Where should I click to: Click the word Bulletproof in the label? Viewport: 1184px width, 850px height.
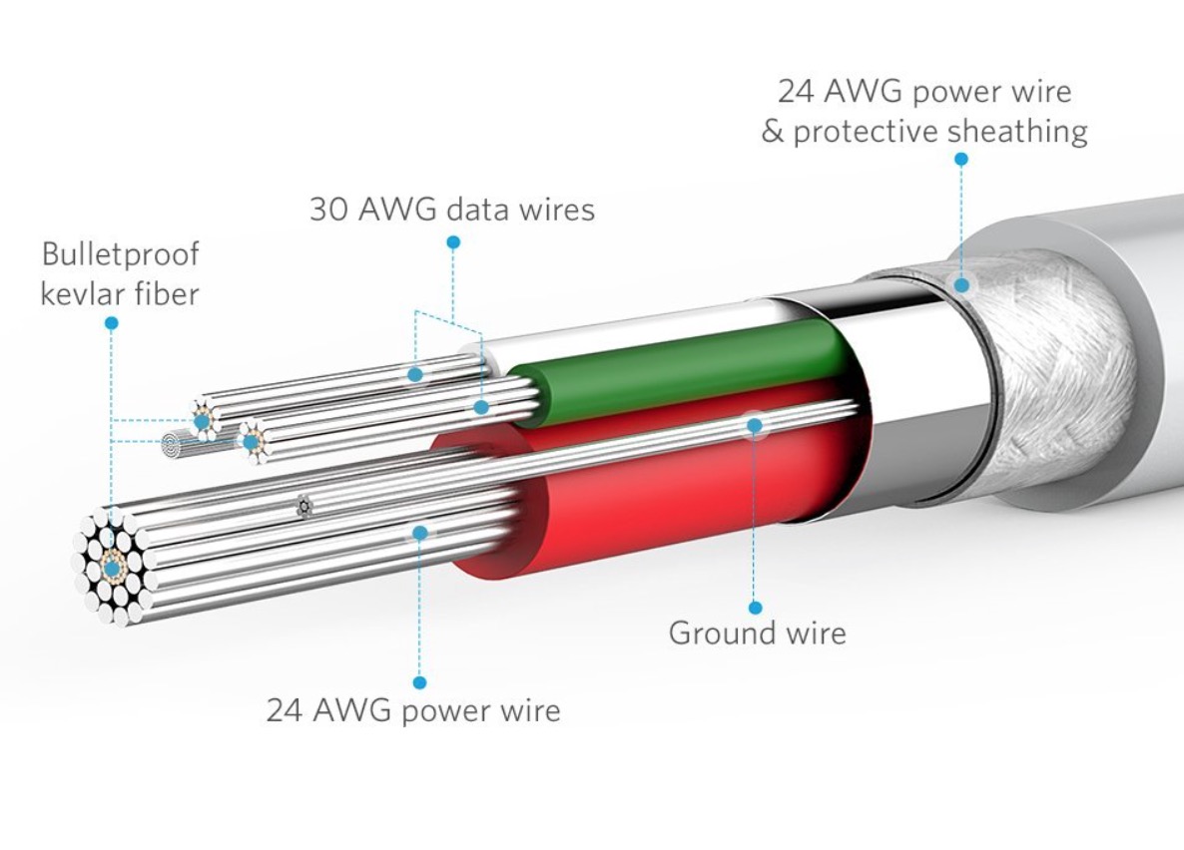120,254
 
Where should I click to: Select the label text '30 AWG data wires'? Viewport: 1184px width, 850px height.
451,210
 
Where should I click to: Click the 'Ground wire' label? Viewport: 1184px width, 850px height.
757,633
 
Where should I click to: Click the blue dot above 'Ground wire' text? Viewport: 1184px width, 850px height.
756,607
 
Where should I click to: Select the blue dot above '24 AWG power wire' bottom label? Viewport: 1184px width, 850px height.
420,682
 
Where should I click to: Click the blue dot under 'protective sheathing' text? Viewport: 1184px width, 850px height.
961,159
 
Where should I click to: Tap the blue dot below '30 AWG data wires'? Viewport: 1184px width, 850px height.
453,241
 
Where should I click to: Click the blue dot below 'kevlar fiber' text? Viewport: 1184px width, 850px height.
111,323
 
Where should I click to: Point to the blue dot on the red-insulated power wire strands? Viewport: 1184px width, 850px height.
420,533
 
